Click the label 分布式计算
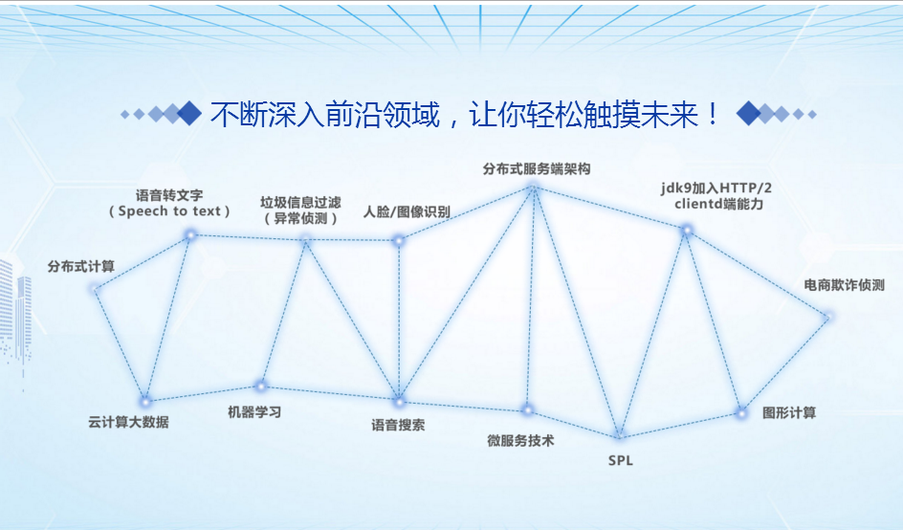(x=81, y=266)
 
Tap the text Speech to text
(x=169, y=211)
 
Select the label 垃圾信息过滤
(x=300, y=202)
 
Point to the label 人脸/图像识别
(x=407, y=212)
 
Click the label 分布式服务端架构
(x=537, y=168)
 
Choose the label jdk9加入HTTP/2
(x=716, y=188)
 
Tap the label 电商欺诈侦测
(x=845, y=285)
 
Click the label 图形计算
(x=789, y=412)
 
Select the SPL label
(x=620, y=460)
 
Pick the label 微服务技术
(x=520, y=441)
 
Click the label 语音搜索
(x=398, y=425)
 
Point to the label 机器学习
(x=254, y=412)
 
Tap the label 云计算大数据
(x=128, y=422)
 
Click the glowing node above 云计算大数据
(x=145, y=401)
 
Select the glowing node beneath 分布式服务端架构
(x=534, y=187)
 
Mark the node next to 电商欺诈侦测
(x=828, y=317)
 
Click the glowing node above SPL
(x=619, y=435)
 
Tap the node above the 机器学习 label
(x=261, y=386)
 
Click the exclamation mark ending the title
(x=713, y=114)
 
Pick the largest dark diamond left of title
(x=188, y=113)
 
